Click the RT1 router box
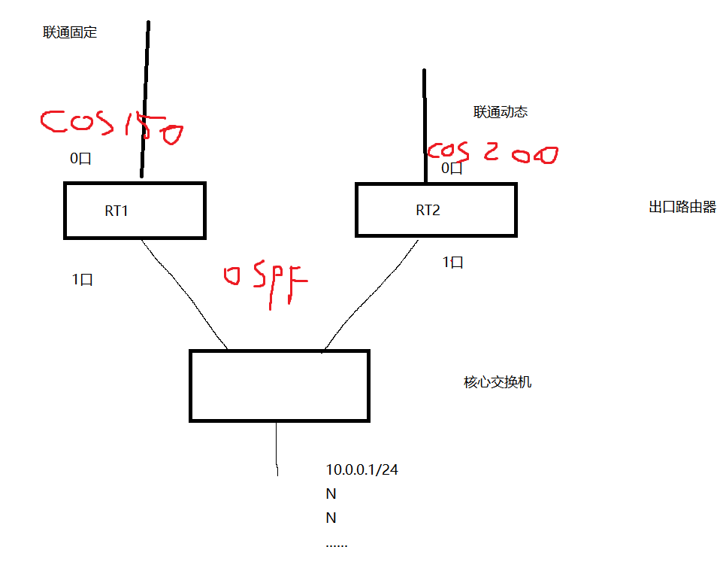[135, 211]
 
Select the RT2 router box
[436, 210]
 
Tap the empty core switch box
[279, 385]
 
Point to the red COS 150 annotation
[111, 127]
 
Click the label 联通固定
[71, 32]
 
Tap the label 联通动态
[501, 112]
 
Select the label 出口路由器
[682, 208]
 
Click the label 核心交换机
[498, 382]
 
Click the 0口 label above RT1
[80, 159]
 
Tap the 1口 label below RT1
[82, 279]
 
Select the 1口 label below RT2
[452, 262]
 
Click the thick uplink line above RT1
[144, 98]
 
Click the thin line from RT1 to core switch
[183, 293]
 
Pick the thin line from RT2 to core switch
[368, 295]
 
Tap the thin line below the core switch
[277, 448]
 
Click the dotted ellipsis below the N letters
[337, 544]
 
